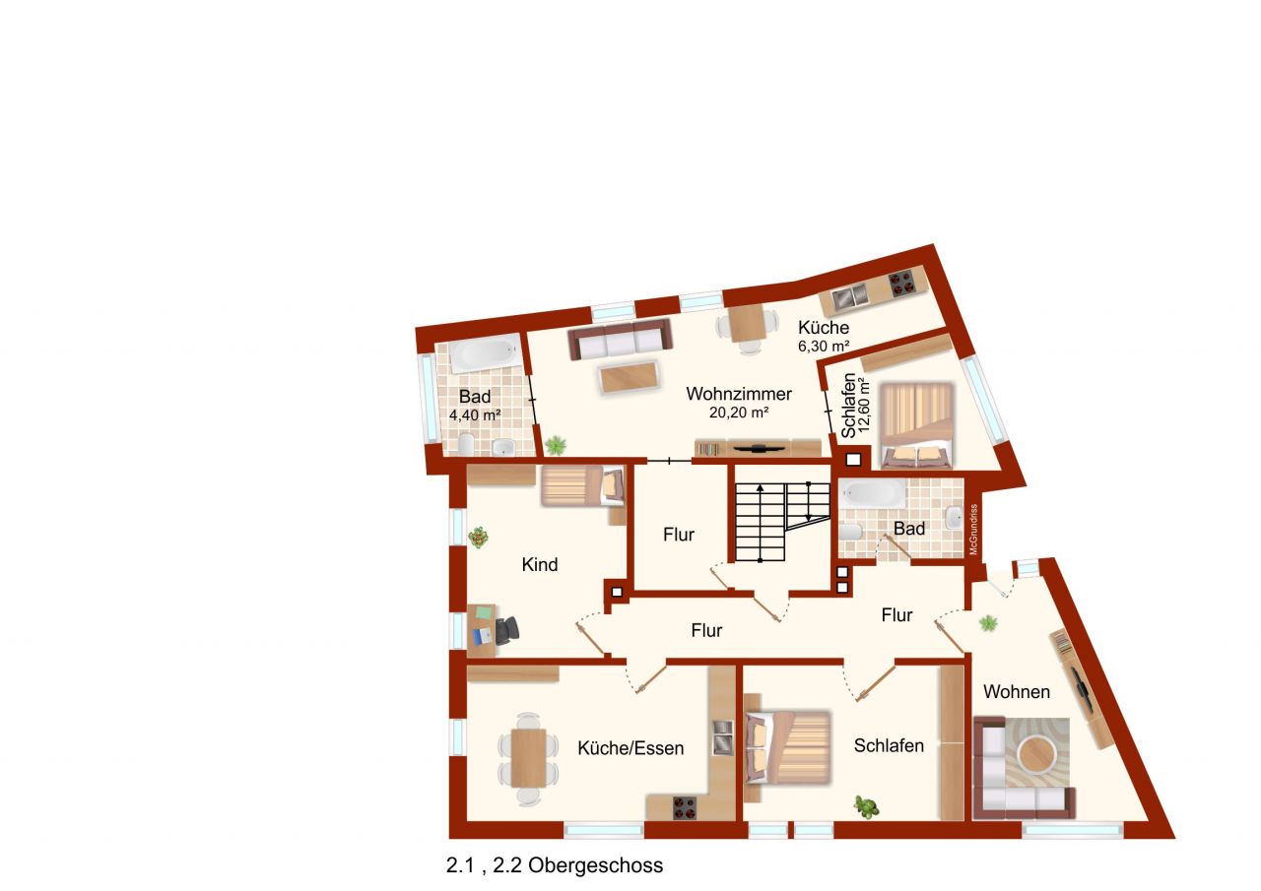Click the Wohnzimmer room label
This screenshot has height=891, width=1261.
click(x=739, y=394)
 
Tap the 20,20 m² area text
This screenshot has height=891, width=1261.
click(x=739, y=414)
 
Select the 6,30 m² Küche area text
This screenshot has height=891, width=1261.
click(x=824, y=347)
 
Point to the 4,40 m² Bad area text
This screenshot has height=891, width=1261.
click(x=475, y=415)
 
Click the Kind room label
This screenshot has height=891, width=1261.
click(x=540, y=565)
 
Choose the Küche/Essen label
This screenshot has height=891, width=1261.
click(x=630, y=748)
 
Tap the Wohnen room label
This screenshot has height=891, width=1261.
click(x=1017, y=692)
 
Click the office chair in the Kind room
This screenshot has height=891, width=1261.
click(x=507, y=629)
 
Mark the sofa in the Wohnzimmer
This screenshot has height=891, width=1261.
click(x=621, y=340)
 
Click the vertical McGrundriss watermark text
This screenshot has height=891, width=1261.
click(x=973, y=531)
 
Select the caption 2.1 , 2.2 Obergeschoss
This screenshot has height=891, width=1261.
click(x=555, y=866)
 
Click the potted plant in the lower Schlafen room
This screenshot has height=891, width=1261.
click(x=867, y=807)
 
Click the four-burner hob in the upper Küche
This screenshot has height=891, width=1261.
click(x=903, y=285)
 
